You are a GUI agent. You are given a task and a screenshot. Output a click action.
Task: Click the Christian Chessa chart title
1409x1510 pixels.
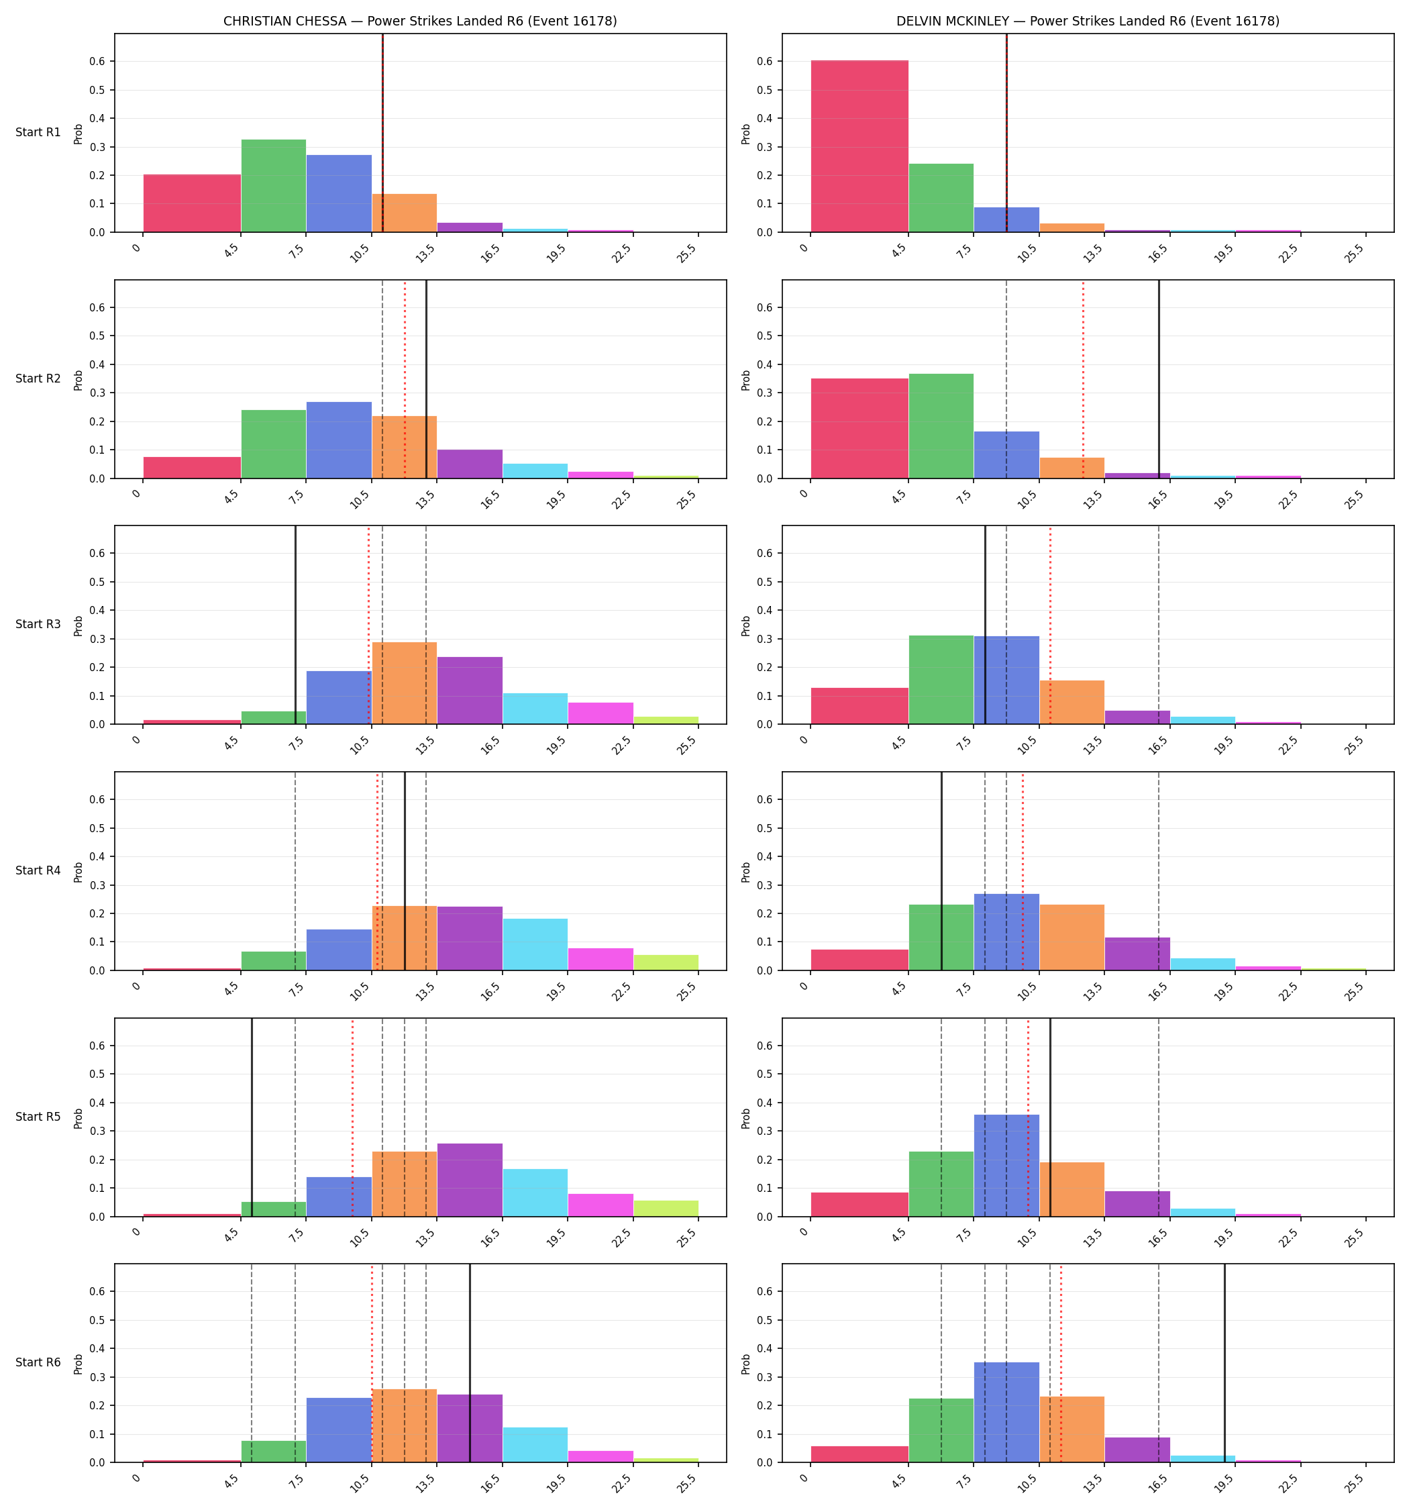420,21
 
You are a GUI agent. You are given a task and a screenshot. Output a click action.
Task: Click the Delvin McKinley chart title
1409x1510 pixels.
1088,21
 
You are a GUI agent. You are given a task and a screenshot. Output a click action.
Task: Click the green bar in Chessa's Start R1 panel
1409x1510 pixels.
274,185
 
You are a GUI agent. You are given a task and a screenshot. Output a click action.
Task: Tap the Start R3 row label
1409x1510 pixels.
38,624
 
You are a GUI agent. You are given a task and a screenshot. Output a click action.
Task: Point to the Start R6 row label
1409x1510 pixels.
38,1362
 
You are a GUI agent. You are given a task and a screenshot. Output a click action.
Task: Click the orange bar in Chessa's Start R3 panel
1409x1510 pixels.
404,683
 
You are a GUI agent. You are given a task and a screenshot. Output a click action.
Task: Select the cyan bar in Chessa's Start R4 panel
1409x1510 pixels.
535,944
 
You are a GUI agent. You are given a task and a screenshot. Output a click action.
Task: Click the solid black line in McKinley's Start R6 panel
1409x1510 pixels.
1224,1364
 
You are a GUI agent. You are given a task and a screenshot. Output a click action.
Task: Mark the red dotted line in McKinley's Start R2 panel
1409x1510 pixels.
1083,379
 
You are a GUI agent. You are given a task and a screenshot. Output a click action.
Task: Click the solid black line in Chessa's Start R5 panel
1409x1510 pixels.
252,1117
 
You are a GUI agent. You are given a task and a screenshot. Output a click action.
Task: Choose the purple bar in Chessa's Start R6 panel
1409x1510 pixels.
470,1429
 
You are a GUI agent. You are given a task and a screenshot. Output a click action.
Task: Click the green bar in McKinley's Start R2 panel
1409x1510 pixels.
941,426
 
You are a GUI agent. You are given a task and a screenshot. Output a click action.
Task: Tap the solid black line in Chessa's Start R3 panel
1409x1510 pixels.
295,625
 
